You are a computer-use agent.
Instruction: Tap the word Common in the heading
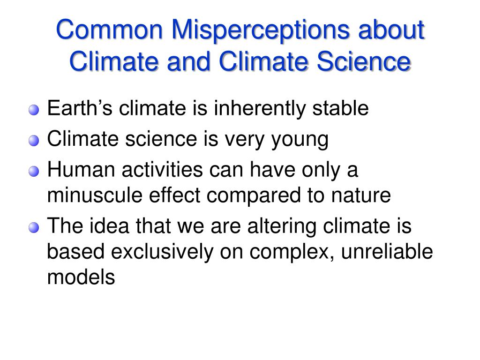click(109, 30)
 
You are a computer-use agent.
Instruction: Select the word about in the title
click(391, 30)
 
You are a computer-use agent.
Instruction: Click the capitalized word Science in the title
click(363, 61)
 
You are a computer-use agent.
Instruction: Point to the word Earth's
click(80, 108)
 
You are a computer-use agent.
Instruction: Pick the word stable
click(340, 108)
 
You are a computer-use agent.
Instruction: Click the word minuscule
click(95, 195)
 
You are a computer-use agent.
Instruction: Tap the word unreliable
click(387, 251)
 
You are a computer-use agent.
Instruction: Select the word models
click(81, 277)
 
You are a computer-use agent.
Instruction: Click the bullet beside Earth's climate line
click(34, 110)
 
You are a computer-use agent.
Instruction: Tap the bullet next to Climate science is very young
click(34, 141)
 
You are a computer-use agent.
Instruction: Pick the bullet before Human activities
click(34, 171)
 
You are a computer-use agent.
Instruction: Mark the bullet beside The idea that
click(34, 228)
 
